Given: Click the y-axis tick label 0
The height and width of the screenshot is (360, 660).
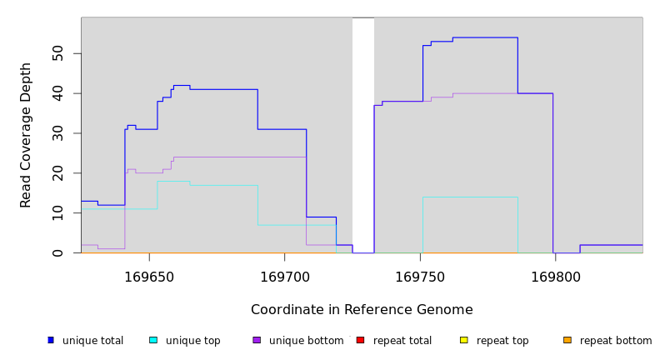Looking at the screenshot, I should point(57,252).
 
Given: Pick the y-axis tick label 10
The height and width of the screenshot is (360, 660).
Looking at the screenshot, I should point(57,212).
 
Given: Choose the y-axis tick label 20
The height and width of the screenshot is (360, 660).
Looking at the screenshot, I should point(57,172).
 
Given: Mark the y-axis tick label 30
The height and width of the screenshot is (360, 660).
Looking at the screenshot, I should point(57,133).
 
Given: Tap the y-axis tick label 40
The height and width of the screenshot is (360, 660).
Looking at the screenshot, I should point(57,93).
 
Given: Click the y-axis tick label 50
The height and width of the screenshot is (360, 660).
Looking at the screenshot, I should point(57,53).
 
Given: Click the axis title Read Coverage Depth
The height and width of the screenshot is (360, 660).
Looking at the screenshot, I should point(26,135).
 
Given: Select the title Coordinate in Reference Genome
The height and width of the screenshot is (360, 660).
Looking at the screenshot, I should point(362,310).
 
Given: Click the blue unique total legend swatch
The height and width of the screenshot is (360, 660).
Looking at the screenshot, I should point(51,340).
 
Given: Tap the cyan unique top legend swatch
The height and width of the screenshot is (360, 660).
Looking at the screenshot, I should point(153,340).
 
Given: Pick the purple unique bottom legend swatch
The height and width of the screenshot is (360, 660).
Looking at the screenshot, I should point(257,340).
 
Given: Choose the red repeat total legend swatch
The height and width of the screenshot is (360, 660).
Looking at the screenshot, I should point(360,340).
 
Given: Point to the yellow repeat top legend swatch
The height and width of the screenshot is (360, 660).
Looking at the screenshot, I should point(463,340).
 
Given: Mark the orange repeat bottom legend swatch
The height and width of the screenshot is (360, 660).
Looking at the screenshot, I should point(567,340).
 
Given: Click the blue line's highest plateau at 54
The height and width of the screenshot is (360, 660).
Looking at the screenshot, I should point(484,37).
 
